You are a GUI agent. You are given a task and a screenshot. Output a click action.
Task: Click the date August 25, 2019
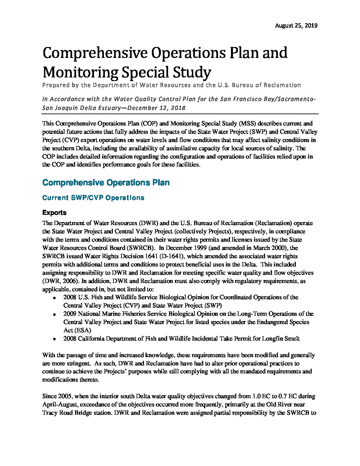[x=296, y=25]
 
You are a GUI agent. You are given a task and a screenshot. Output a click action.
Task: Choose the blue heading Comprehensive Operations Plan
[x=106, y=183]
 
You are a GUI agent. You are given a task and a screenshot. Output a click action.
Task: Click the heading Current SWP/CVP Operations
[x=93, y=198]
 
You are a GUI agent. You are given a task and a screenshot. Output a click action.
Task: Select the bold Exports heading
[x=54, y=213]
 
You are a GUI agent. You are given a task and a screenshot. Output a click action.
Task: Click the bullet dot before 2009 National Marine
[x=54, y=314]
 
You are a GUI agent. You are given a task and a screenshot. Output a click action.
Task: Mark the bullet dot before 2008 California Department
[x=54, y=339]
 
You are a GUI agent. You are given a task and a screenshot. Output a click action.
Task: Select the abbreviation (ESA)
[x=77, y=330]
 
